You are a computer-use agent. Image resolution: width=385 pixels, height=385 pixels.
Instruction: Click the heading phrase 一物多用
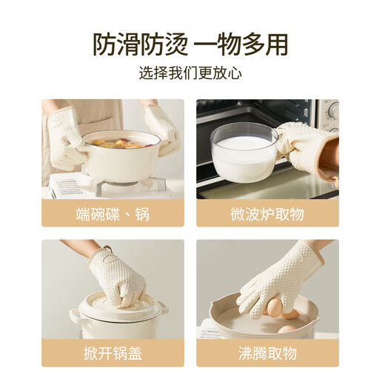tap(241, 44)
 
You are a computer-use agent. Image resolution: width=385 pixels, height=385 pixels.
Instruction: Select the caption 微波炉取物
tap(267, 214)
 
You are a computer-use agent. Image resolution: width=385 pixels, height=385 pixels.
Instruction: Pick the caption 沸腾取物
tap(267, 354)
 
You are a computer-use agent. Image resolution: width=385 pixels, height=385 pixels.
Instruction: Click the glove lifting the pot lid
tap(118, 277)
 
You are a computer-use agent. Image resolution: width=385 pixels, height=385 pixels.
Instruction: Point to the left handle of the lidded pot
tap(75, 315)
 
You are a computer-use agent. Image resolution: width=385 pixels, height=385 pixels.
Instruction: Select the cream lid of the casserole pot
tap(118, 304)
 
